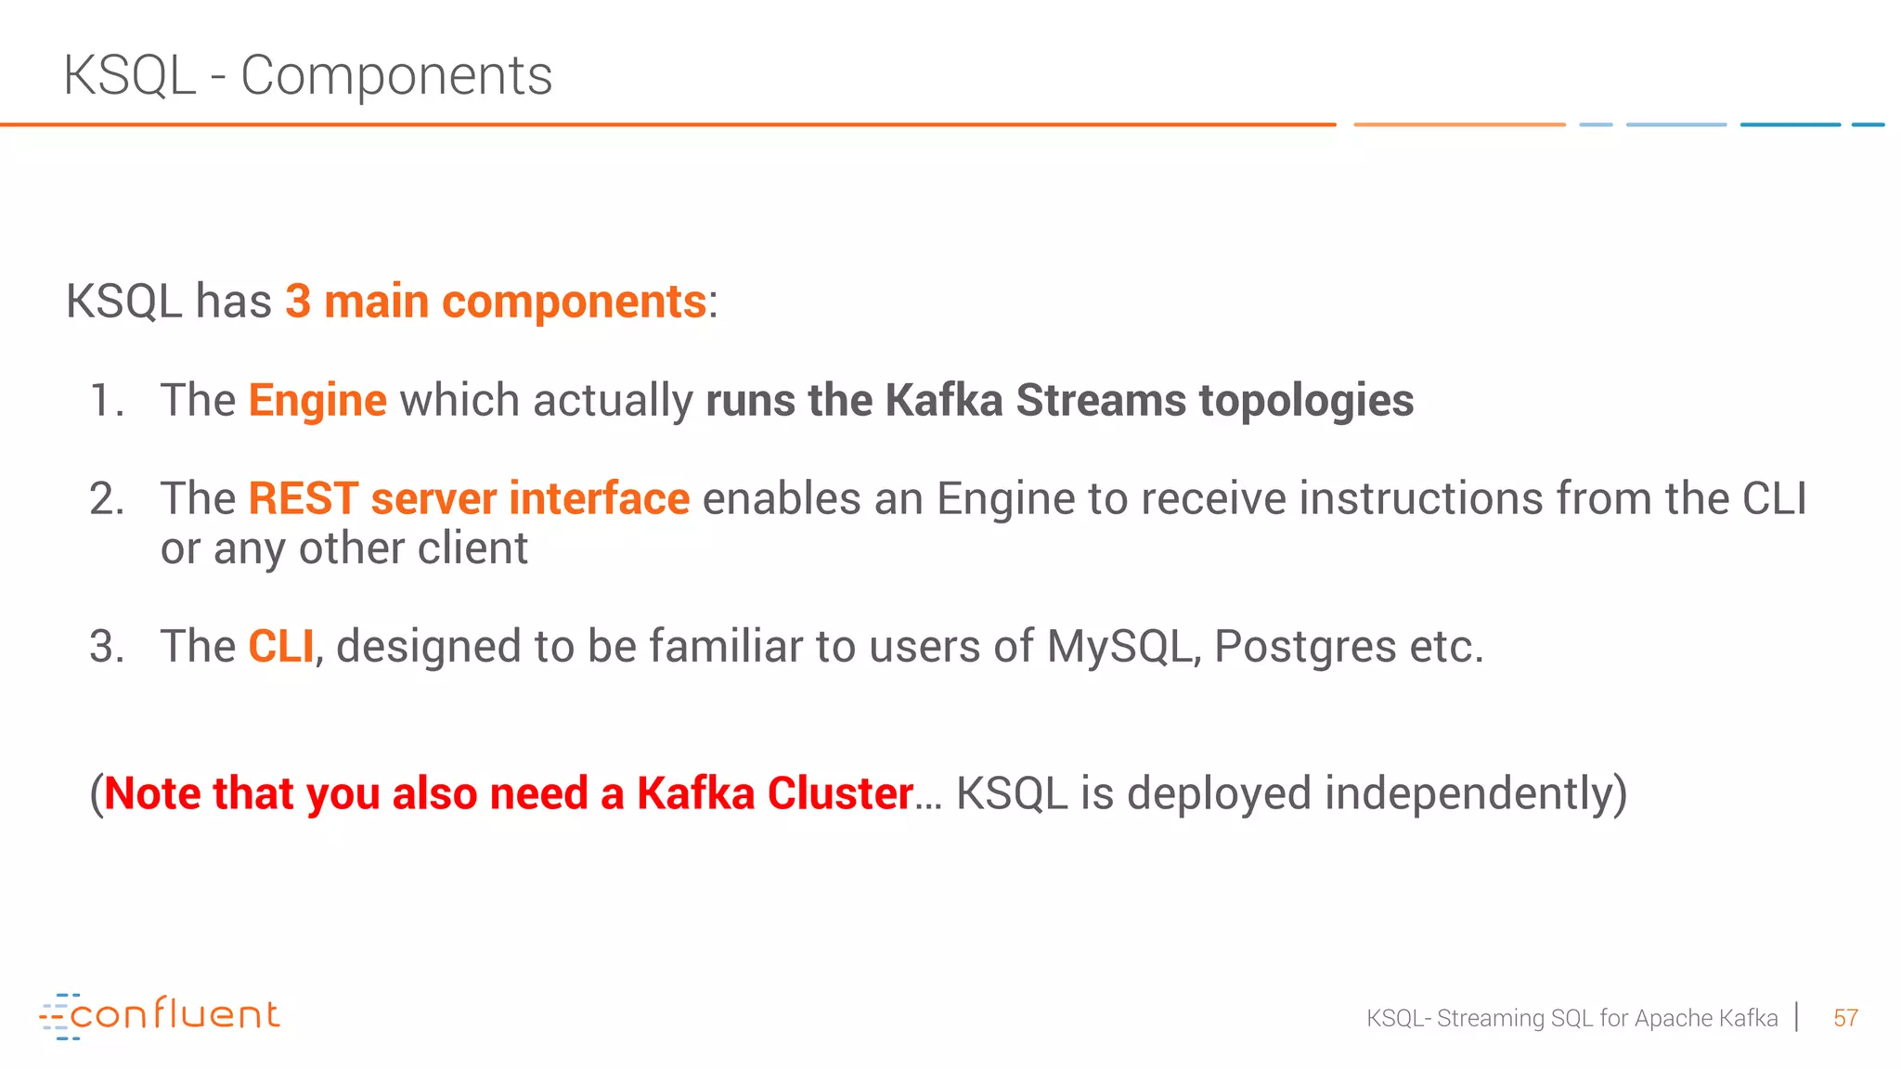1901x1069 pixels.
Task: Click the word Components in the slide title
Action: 396,76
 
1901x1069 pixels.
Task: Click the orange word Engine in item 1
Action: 317,401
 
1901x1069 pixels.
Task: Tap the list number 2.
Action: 106,499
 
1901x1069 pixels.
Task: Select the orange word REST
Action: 303,499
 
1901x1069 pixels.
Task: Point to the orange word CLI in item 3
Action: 280,647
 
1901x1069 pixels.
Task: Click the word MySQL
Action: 1119,647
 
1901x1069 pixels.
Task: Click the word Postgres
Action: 1304,647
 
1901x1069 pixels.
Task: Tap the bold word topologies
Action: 1306,401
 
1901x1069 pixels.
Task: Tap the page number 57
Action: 1845,1019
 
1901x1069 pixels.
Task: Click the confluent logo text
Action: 175,1014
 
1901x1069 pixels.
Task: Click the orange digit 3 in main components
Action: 297,303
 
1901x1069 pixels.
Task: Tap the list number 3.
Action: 106,647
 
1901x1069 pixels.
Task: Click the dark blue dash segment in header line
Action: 1790,124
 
